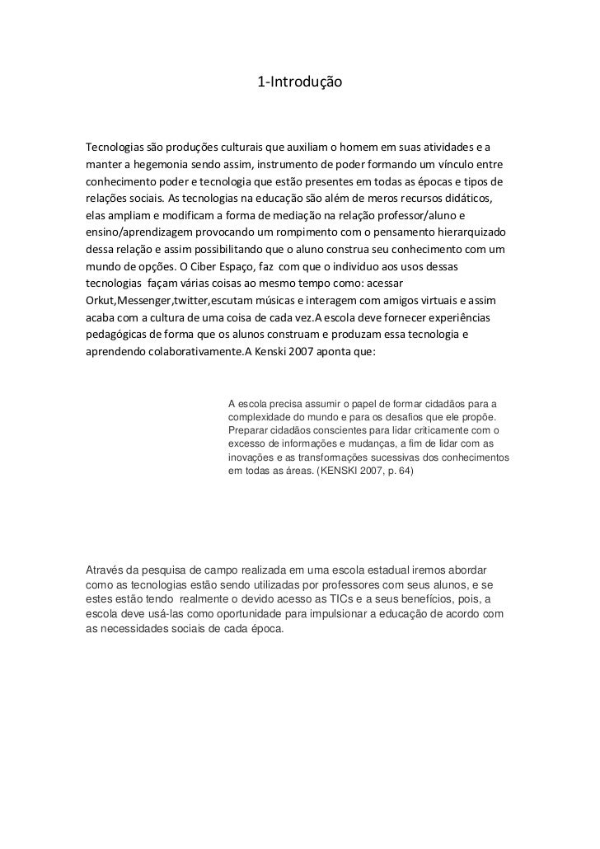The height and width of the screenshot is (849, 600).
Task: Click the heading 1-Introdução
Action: point(299,82)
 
